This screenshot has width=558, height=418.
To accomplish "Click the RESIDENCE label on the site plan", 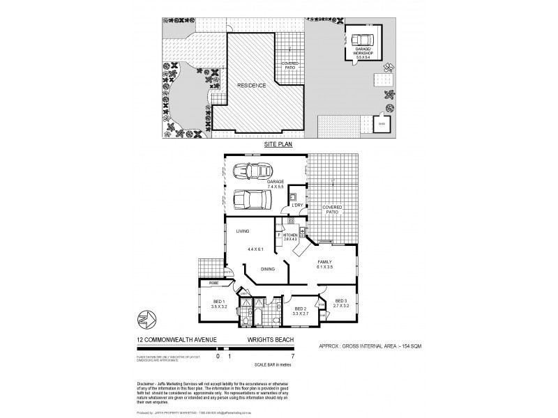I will point(252,85).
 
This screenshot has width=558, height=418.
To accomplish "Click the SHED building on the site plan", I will point(382,125).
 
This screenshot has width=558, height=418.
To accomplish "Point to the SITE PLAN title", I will point(278,144).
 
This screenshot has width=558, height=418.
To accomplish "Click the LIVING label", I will point(243,231).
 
